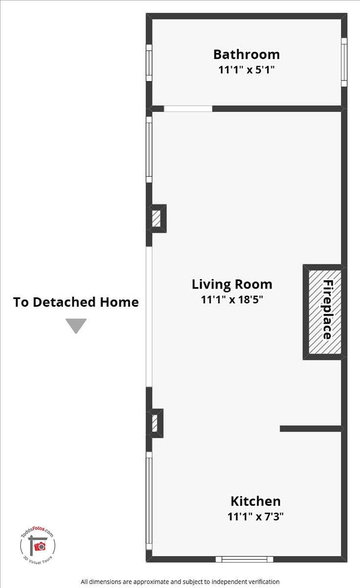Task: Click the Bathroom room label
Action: click(246, 54)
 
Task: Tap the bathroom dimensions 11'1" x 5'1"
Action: click(246, 70)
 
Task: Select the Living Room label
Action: click(232, 284)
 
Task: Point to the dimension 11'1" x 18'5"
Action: click(232, 299)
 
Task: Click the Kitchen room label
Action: click(256, 501)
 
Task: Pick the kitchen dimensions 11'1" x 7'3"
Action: click(256, 516)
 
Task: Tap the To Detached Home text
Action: click(76, 302)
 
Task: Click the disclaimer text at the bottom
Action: click(180, 582)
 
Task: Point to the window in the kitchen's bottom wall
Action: click(244, 559)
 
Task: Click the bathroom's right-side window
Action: click(344, 62)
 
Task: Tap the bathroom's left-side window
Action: click(149, 63)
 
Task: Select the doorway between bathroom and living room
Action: click(188, 109)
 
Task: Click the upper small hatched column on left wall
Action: click(157, 218)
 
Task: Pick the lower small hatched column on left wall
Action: click(155, 423)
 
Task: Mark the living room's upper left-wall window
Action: click(149, 149)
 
